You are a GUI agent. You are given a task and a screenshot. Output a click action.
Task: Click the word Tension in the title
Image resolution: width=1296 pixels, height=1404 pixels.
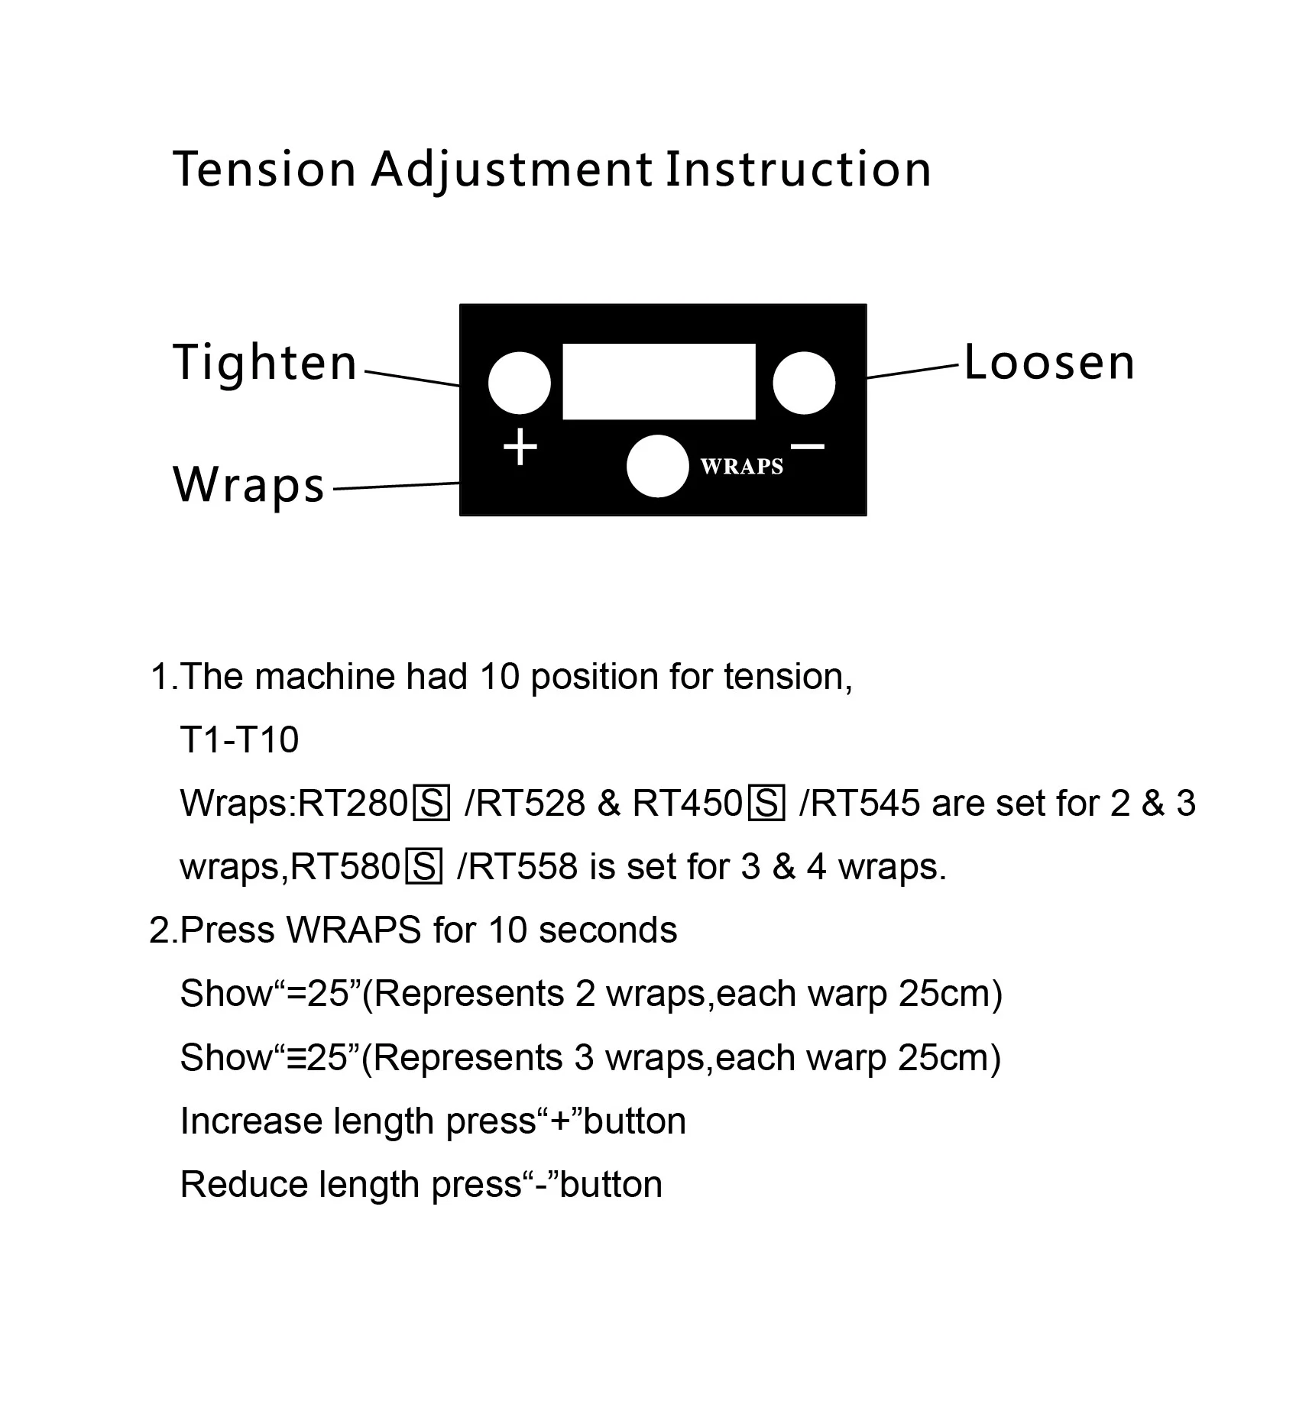point(264,169)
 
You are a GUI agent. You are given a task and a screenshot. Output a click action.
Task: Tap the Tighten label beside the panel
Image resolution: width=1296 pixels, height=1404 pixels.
point(265,362)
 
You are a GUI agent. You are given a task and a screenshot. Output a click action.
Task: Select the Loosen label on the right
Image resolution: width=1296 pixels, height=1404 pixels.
point(1049,362)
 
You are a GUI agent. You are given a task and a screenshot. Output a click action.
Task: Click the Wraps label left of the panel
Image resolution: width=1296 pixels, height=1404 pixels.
point(249,484)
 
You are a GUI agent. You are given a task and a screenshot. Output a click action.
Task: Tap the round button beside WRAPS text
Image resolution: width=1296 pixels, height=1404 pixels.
point(657,466)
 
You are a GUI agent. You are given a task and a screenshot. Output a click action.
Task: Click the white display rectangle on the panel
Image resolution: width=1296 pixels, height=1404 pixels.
point(659,381)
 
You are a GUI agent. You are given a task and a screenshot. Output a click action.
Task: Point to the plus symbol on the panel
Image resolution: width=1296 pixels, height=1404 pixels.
point(520,447)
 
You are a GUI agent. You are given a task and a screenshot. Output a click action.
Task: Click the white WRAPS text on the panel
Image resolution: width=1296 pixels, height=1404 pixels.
point(742,467)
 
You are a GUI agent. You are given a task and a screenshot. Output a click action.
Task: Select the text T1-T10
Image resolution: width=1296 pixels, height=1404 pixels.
point(239,739)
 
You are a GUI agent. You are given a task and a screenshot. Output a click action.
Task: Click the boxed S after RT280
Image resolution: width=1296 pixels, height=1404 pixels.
point(431,804)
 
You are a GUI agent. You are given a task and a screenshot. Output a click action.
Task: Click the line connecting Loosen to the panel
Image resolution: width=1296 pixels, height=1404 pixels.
point(912,371)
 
